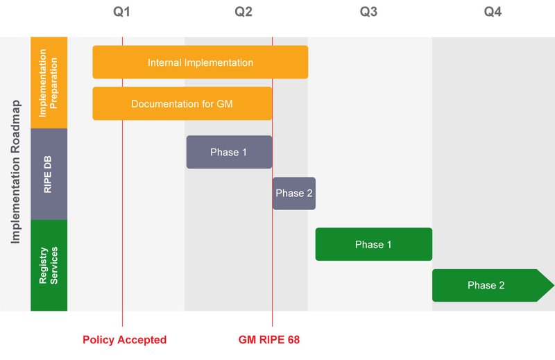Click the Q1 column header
pyautogui.click(x=121, y=12)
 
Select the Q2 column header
pyautogui.click(x=244, y=12)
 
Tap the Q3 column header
pyautogui.click(x=368, y=12)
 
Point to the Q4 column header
pyautogui.click(x=493, y=12)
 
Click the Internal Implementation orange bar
pyautogui.click(x=200, y=62)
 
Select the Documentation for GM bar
pyautogui.click(x=182, y=104)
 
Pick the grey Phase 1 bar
pyautogui.click(x=229, y=152)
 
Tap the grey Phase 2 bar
pyautogui.click(x=293, y=194)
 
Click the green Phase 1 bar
pyautogui.click(x=373, y=244)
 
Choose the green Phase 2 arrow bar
pyautogui.click(x=486, y=285)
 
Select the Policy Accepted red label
pyautogui.click(x=124, y=340)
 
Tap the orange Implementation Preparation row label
pyautogui.click(x=49, y=83)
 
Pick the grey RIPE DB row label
pyautogui.click(x=49, y=174)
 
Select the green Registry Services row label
pyautogui.click(x=49, y=265)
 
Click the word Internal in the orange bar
pyautogui.click(x=164, y=62)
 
